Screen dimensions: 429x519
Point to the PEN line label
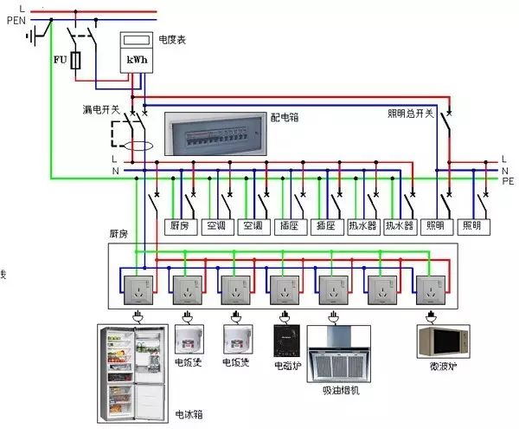[16, 20]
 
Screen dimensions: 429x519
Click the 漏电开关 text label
[100, 110]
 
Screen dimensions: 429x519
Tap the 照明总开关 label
[409, 113]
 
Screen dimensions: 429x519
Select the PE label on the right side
[507, 181]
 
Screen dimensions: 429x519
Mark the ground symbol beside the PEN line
[35, 36]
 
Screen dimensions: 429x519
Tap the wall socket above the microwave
[430, 285]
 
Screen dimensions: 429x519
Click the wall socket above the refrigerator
[134, 285]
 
